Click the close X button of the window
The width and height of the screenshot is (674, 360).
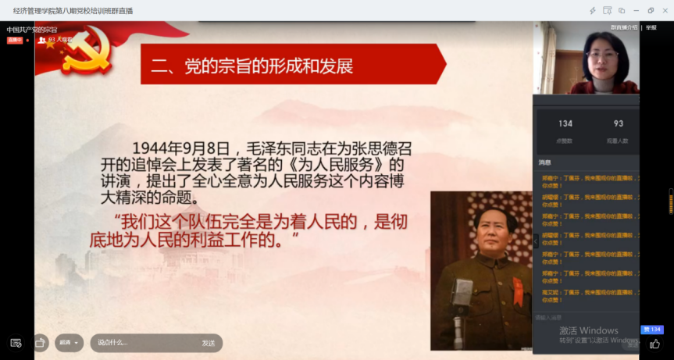pyautogui.click(x=664, y=10)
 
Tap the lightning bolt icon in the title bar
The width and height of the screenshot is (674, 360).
pyautogui.click(x=593, y=10)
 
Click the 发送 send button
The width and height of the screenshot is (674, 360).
pyautogui.click(x=209, y=343)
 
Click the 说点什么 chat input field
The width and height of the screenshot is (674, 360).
pyautogui.click(x=141, y=343)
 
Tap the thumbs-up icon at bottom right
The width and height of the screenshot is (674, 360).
pyautogui.click(x=654, y=343)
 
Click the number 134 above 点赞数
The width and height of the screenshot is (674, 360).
pyautogui.click(x=565, y=123)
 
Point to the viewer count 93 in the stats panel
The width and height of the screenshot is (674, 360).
pyautogui.click(x=619, y=123)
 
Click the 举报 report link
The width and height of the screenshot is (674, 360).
pyautogui.click(x=651, y=27)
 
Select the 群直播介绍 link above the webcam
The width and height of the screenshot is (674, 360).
pyautogui.click(x=623, y=27)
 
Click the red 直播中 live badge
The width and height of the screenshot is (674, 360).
pyautogui.click(x=15, y=39)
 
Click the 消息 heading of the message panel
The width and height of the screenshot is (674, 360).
pyautogui.click(x=544, y=162)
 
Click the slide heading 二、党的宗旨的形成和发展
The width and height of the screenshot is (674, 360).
pyautogui.click(x=252, y=66)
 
